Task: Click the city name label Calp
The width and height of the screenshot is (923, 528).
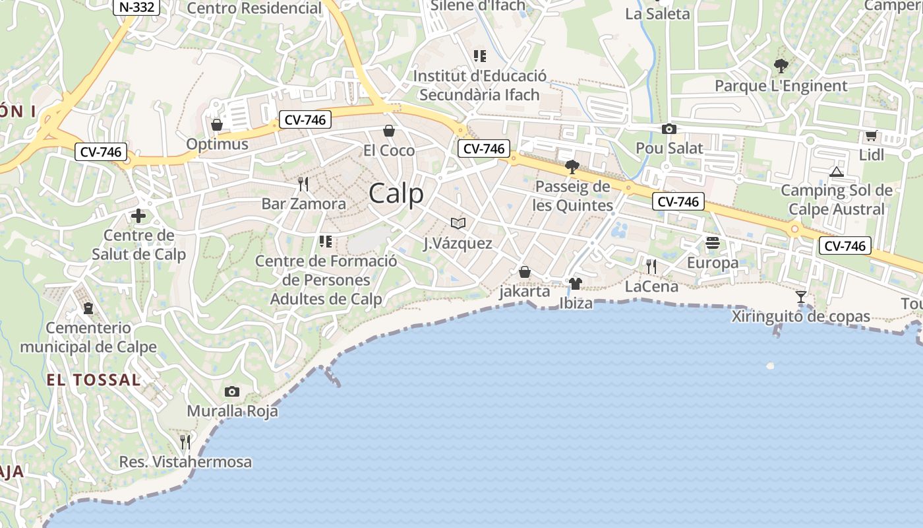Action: (x=396, y=194)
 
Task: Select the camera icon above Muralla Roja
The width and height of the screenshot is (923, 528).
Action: (x=231, y=392)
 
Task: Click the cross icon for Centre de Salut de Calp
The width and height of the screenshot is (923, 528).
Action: (x=138, y=216)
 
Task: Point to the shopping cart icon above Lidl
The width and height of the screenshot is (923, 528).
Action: (x=871, y=136)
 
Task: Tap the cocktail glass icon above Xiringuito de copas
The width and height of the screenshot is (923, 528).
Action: (x=801, y=297)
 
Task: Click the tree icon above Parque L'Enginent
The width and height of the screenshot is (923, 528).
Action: (x=781, y=66)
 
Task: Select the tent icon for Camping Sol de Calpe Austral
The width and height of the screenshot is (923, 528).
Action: (x=837, y=172)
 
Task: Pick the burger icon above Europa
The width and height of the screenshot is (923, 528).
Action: (x=713, y=244)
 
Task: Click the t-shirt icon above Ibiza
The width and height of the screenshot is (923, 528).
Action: (x=576, y=284)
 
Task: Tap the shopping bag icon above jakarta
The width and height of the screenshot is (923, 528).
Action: (x=525, y=272)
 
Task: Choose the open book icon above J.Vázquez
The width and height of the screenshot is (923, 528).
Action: (x=458, y=224)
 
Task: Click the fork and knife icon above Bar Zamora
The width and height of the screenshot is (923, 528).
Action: (x=303, y=183)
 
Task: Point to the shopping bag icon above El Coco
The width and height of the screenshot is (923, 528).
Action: (x=389, y=131)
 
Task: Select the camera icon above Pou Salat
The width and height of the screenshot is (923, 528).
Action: (x=669, y=129)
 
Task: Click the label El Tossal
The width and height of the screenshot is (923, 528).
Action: (x=94, y=380)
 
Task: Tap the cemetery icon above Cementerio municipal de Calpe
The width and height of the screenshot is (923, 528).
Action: (x=88, y=308)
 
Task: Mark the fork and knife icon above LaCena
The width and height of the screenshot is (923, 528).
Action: (x=651, y=267)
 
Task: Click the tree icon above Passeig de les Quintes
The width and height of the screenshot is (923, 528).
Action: (x=572, y=166)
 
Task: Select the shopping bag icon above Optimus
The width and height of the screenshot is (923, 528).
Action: (x=217, y=124)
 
